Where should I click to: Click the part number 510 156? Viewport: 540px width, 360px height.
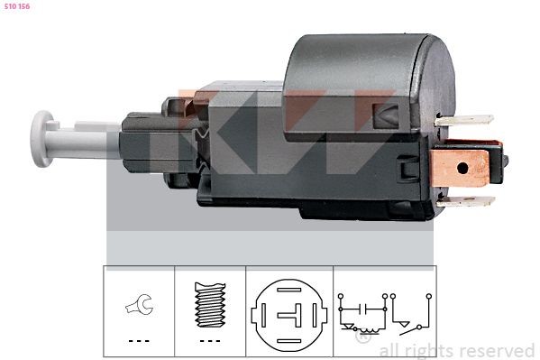click(18, 7)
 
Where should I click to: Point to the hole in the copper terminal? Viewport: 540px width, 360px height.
click(462, 167)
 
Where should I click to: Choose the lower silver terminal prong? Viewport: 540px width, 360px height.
click(467, 202)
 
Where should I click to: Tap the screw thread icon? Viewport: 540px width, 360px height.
click(209, 304)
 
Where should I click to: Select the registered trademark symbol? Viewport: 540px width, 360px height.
click(364, 338)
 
